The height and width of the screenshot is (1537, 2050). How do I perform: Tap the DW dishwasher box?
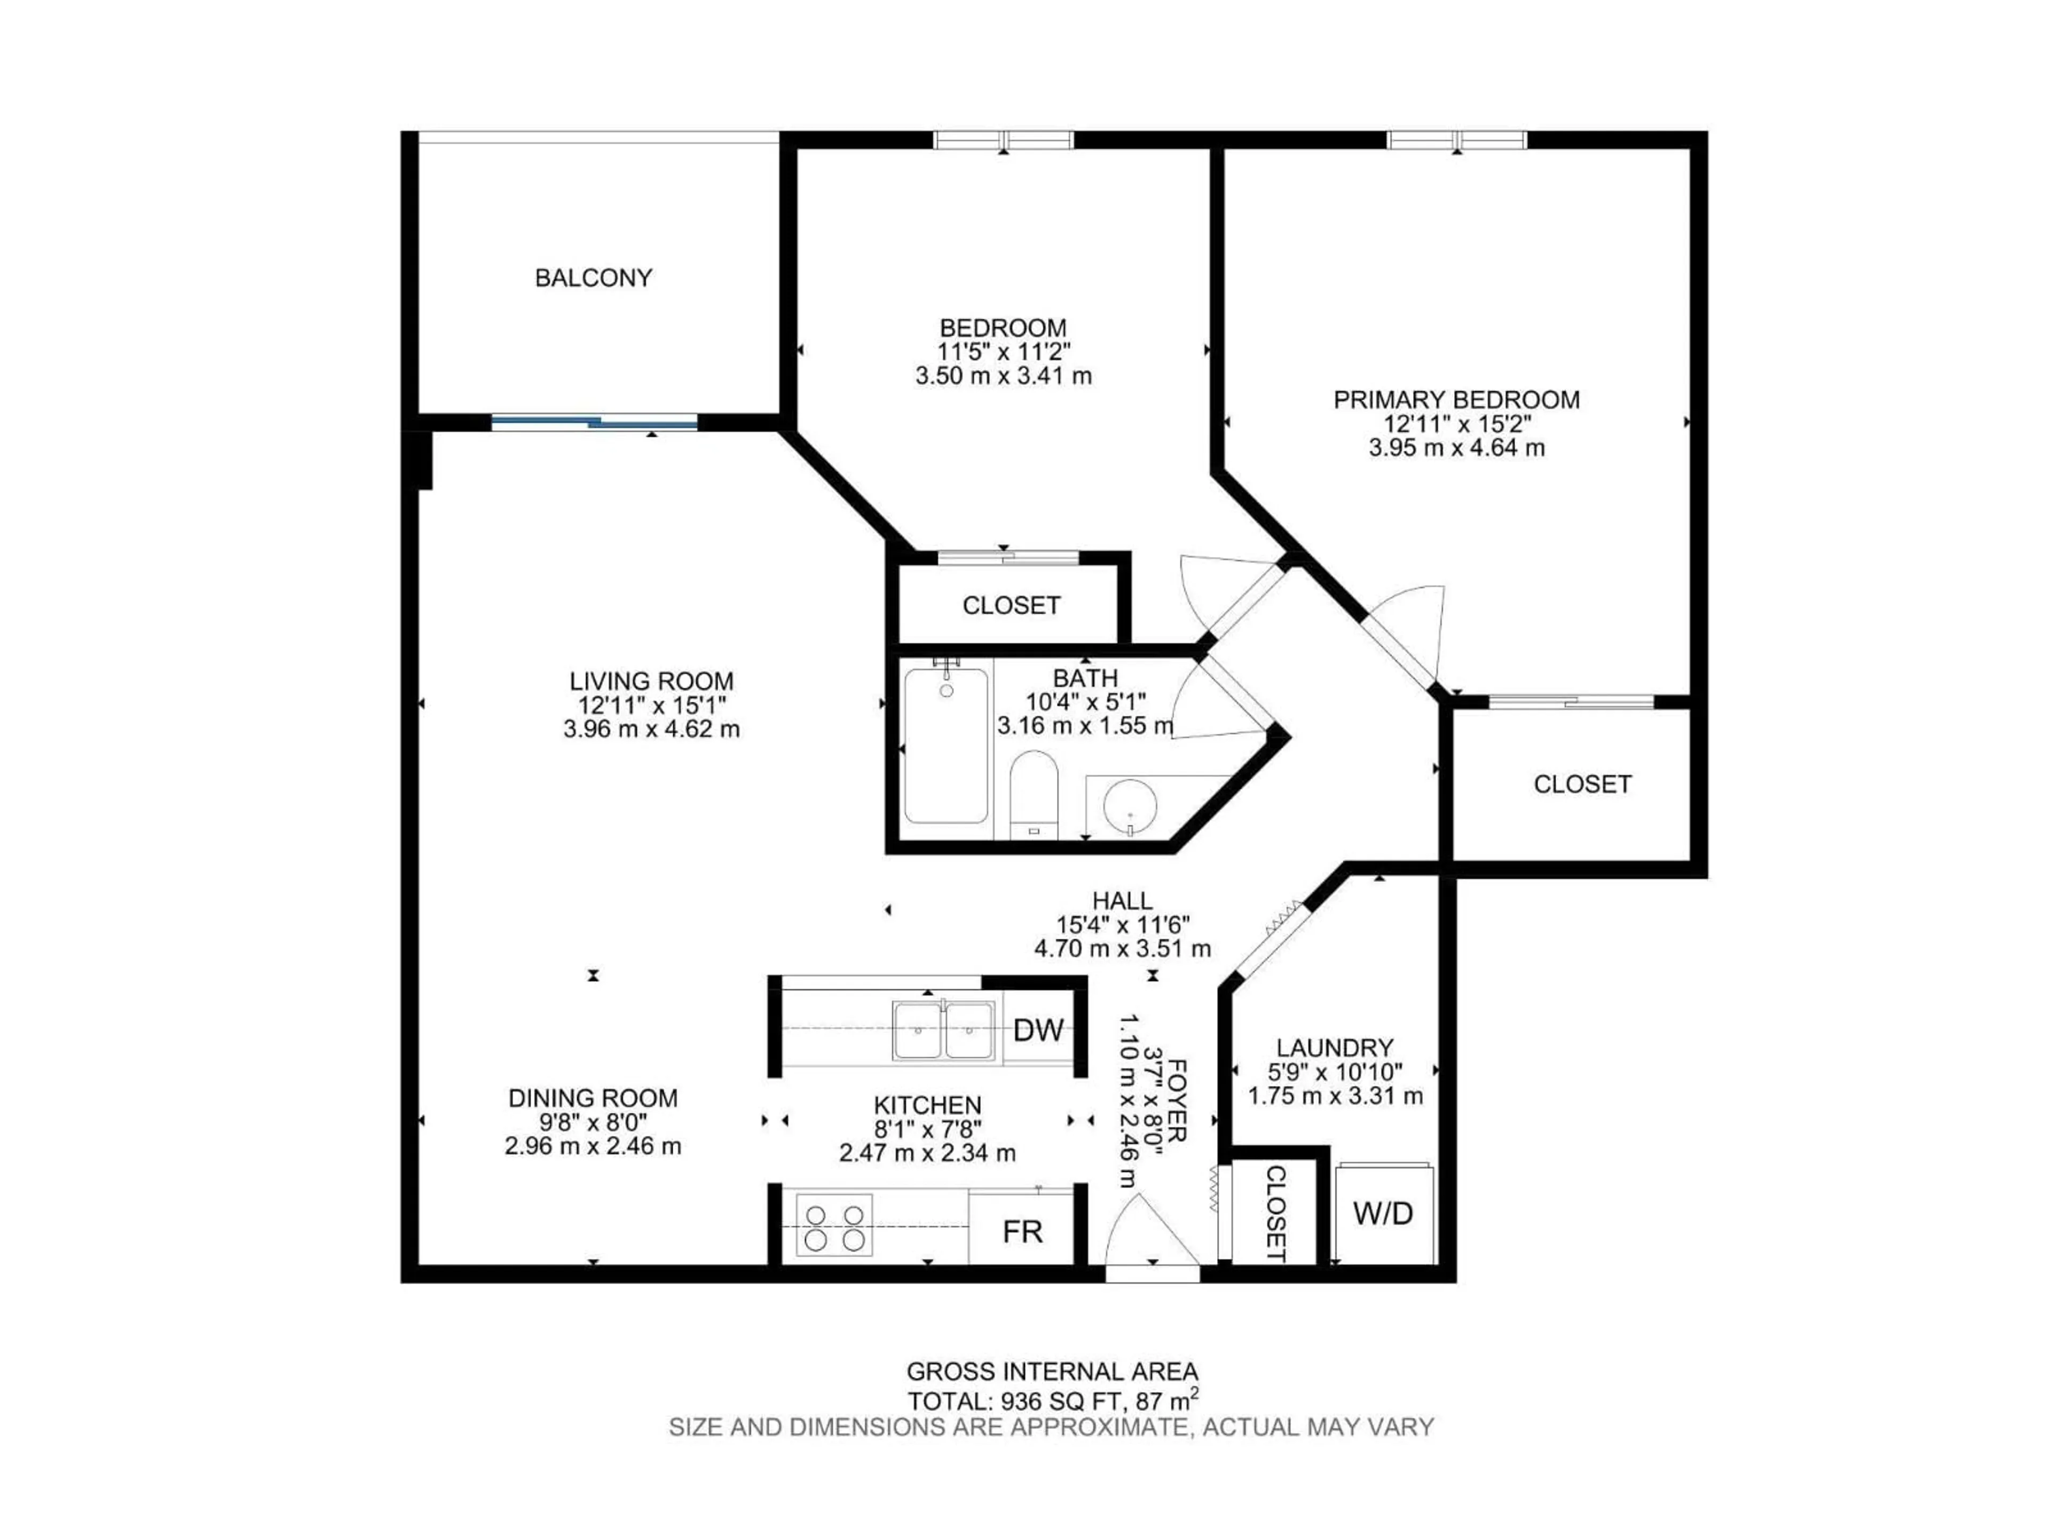coord(1037,1029)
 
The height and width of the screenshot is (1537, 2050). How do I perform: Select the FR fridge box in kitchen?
coord(1022,1231)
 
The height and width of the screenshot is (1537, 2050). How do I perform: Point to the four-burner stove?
coord(834,1226)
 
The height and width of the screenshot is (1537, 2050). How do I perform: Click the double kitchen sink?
coord(943,1029)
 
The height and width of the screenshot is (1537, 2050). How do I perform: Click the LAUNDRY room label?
coord(1335,1048)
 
